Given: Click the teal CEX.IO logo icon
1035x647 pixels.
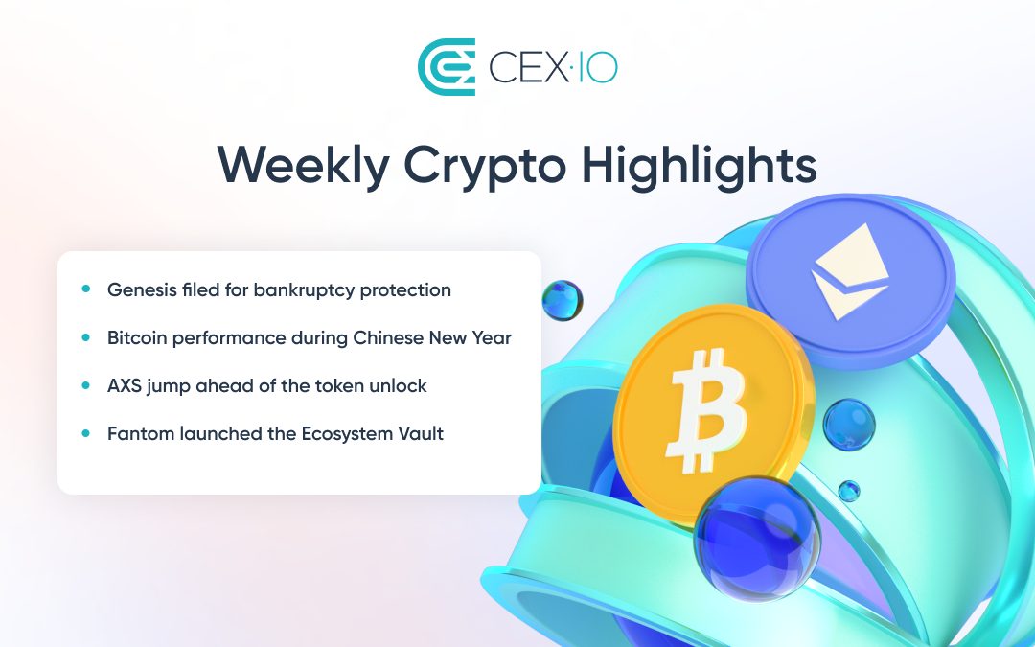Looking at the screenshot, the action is coord(447,67).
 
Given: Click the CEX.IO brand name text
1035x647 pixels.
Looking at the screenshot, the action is coord(553,67).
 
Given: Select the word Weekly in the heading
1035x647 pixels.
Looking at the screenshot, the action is coord(303,165).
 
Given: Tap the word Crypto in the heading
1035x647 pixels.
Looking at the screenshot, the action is coord(485,167).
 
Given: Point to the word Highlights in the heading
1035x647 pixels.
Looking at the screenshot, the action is coord(699,165).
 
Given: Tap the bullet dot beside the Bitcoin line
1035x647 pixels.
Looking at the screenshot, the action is coord(86,337).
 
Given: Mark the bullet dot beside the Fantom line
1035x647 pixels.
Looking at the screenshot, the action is coord(86,433).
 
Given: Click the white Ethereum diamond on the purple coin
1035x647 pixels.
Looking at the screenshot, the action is coord(850,272).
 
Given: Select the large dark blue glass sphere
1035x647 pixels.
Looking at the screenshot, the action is coord(757,538).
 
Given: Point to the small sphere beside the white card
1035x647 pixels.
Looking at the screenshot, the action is coord(563,300).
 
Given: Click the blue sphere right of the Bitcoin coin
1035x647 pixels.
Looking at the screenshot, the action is coord(849,425).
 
